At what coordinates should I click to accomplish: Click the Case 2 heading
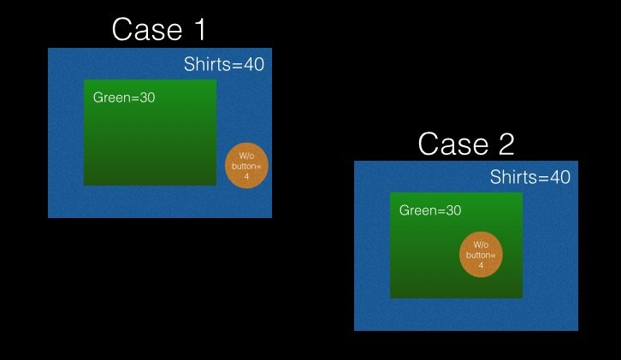click(466, 143)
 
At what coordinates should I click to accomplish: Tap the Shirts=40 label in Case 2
click(530, 178)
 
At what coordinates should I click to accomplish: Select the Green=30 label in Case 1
click(124, 97)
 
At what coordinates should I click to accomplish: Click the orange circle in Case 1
click(247, 165)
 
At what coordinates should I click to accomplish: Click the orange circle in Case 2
click(481, 254)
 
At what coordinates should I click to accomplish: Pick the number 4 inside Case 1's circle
click(247, 177)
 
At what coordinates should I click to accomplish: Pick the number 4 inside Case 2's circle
click(481, 266)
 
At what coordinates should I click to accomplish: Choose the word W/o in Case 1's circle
click(247, 155)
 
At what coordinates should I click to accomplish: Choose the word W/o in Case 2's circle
click(481, 245)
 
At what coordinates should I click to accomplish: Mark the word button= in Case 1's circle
click(247, 166)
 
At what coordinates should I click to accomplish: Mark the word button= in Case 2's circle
click(481, 255)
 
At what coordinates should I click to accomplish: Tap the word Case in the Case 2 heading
click(448, 143)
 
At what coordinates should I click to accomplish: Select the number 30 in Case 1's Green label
click(147, 97)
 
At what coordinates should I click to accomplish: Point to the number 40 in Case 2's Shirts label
click(559, 178)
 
